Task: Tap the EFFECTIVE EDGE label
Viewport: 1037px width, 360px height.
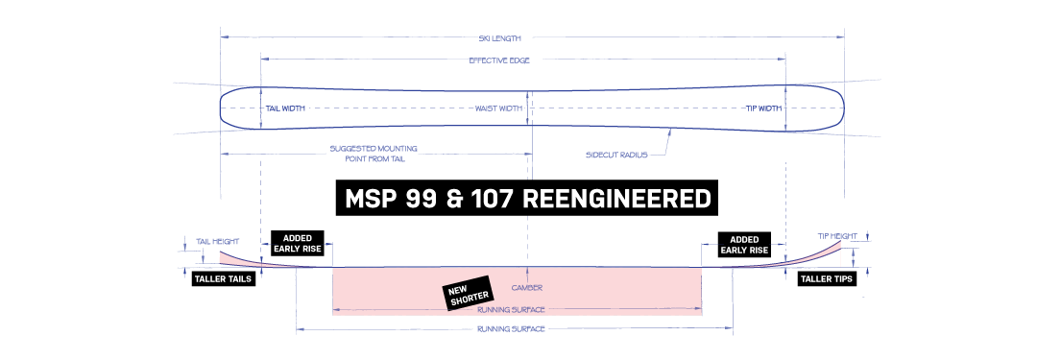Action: coord(499,60)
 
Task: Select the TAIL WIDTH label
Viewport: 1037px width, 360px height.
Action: coord(285,108)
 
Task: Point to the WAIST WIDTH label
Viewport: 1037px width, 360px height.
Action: coord(499,108)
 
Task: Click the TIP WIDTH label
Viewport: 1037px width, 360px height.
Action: coord(764,108)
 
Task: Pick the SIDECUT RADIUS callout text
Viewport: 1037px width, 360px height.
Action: coord(615,155)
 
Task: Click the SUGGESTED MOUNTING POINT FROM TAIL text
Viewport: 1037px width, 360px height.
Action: coord(373,154)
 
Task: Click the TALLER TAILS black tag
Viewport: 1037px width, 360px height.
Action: coord(223,278)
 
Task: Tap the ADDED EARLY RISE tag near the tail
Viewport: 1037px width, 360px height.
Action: coord(298,244)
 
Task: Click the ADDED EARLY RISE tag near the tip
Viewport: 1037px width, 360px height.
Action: coord(745,244)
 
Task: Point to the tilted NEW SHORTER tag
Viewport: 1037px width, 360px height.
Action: coord(468,292)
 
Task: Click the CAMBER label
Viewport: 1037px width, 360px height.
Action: coord(527,288)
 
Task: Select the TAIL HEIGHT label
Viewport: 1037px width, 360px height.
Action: coord(218,242)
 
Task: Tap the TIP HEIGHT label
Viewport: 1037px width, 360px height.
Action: coord(837,235)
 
